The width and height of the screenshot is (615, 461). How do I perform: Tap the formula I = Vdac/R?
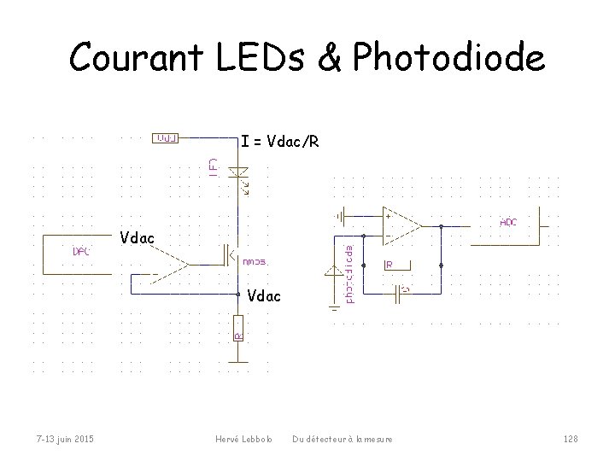coord(279,141)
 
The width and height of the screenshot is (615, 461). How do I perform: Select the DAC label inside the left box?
coord(82,252)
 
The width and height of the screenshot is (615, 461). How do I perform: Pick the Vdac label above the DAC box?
coord(138,237)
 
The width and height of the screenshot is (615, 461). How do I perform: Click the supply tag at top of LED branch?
coord(165,137)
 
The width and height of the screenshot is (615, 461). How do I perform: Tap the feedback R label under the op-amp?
coord(389,266)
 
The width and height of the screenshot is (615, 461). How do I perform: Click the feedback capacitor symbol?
coord(400,294)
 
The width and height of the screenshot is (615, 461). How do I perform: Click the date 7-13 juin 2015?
coord(64,439)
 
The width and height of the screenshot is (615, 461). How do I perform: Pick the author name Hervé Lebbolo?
coord(244,439)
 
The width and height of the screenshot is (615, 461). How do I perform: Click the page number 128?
coord(571,439)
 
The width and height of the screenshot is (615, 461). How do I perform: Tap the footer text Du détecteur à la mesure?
coord(343,439)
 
